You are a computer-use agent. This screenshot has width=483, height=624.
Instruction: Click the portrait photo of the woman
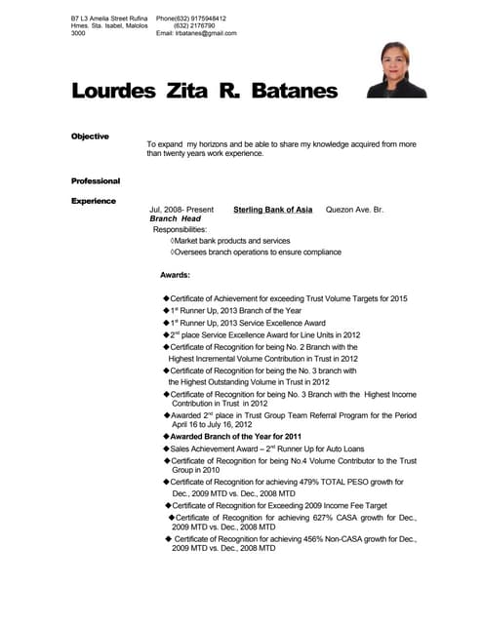click(396, 70)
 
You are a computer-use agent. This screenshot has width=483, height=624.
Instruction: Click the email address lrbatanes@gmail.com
click(205, 33)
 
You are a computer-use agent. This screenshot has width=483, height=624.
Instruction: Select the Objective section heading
click(90, 136)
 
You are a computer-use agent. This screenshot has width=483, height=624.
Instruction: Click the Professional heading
click(96, 181)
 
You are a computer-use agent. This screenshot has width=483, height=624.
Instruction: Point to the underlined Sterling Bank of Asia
click(273, 210)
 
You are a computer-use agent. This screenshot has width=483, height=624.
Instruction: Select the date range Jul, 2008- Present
click(181, 210)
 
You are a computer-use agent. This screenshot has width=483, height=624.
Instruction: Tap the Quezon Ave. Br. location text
click(355, 210)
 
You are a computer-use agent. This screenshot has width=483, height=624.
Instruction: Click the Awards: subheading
click(175, 275)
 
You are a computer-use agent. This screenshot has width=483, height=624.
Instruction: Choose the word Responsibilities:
click(180, 230)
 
